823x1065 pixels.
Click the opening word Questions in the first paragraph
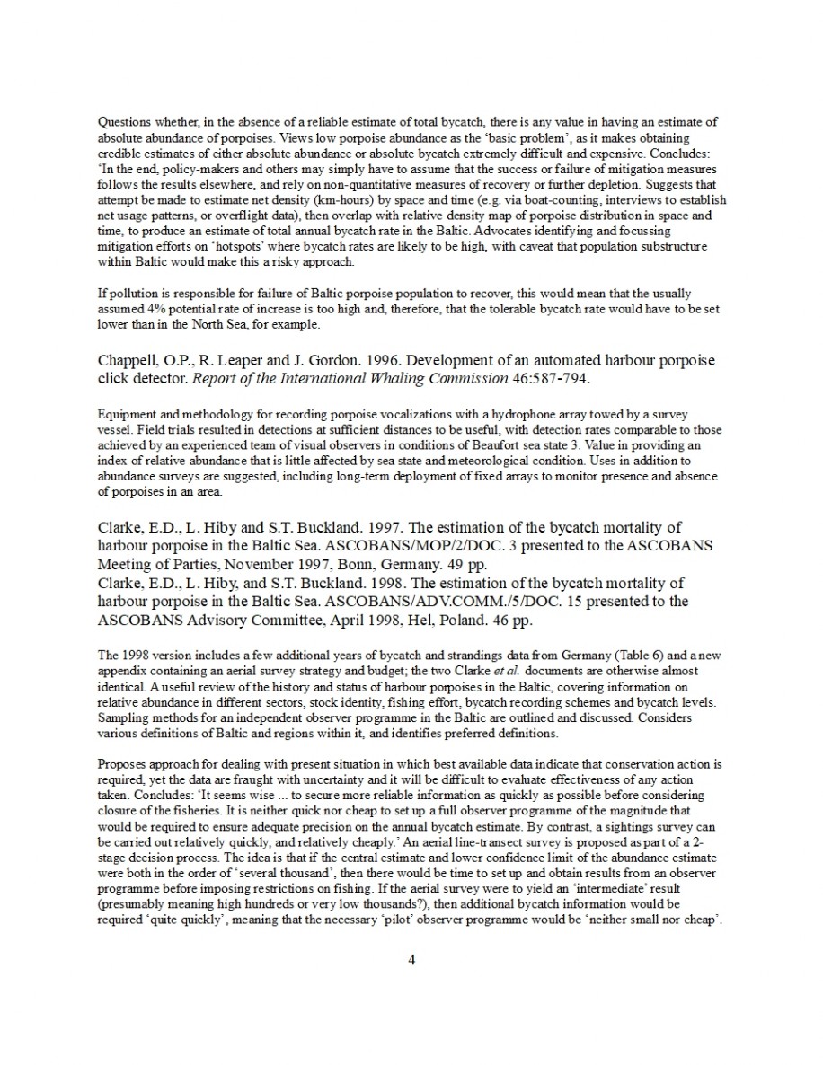124,121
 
